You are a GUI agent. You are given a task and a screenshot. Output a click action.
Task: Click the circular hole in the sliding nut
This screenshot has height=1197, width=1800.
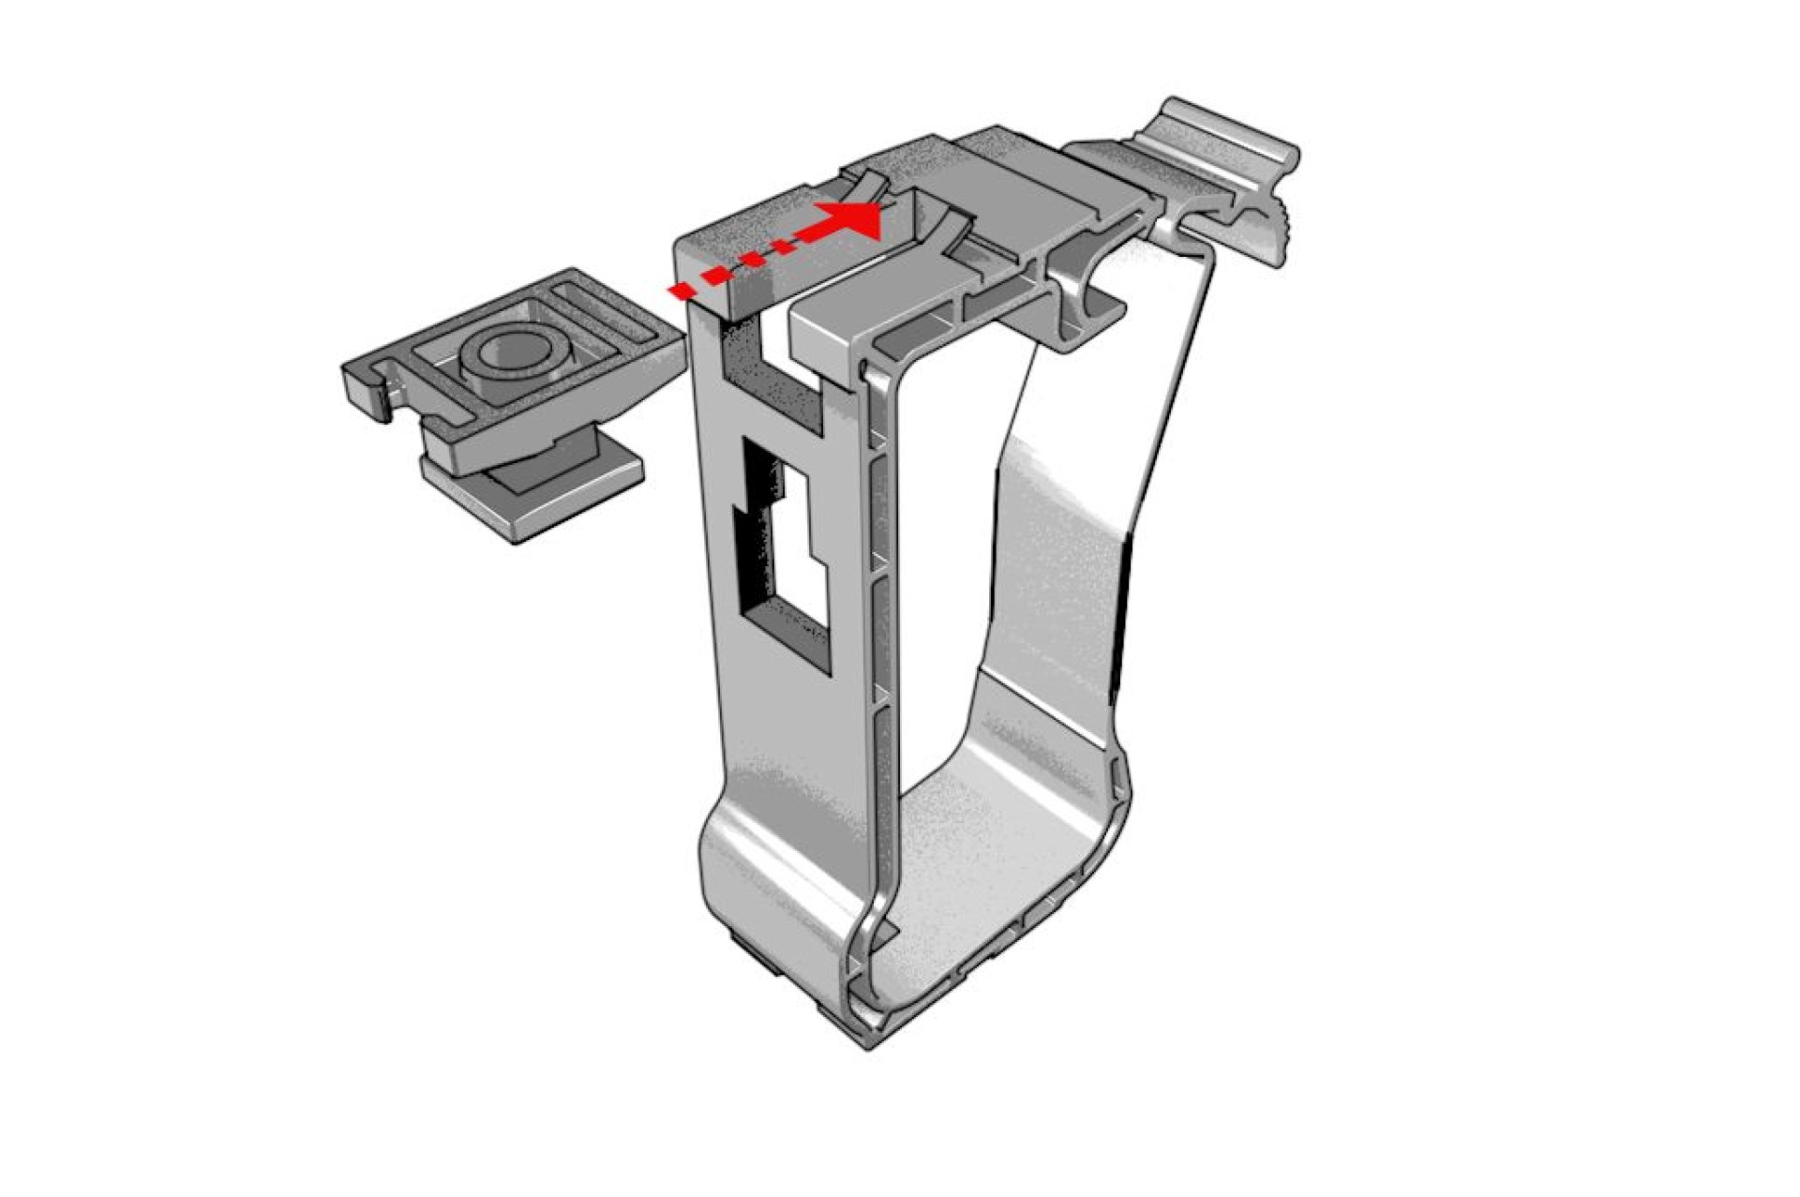pos(513,349)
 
